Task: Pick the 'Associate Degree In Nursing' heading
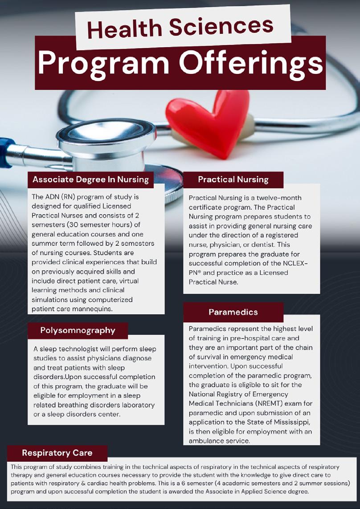(x=90, y=179)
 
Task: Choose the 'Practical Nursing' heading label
(x=233, y=179)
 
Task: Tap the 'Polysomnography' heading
(x=78, y=330)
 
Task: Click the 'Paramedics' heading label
(x=233, y=312)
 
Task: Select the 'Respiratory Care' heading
(x=57, y=453)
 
